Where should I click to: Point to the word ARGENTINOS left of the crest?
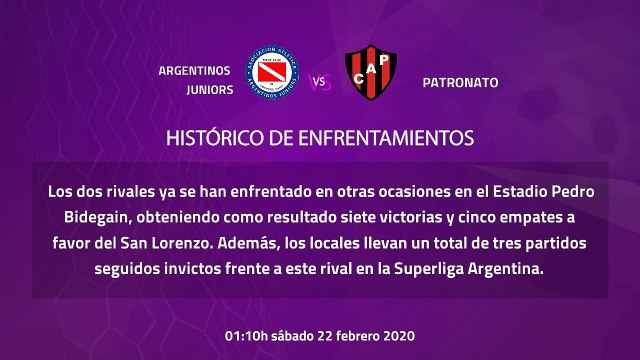pyautogui.click(x=194, y=70)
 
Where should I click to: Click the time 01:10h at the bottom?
pyautogui.click(x=251, y=334)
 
